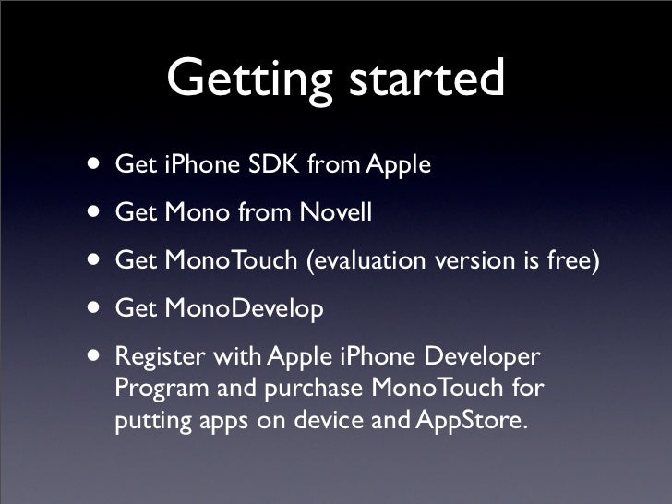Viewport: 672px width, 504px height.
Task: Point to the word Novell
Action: (334, 213)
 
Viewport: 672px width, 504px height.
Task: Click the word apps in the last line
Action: (219, 422)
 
